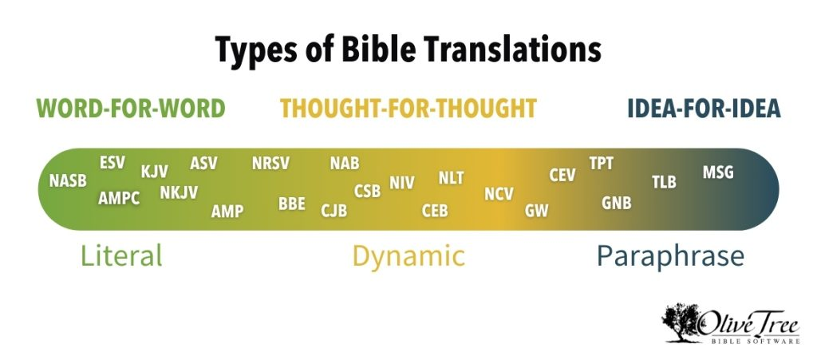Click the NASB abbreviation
point(68,180)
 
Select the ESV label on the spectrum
point(112,163)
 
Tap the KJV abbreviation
point(155,172)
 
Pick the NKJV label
point(179,192)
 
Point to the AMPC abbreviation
point(119,198)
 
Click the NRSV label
point(270,163)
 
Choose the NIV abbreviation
point(402,183)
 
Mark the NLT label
point(452,178)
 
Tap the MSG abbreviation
point(718,172)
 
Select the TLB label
point(665,182)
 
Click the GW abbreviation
point(537,211)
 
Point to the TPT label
point(602,163)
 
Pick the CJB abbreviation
point(334,211)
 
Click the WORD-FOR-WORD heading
point(131,109)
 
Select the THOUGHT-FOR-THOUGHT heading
point(408,109)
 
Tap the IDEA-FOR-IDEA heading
point(705,109)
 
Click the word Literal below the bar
point(121,255)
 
